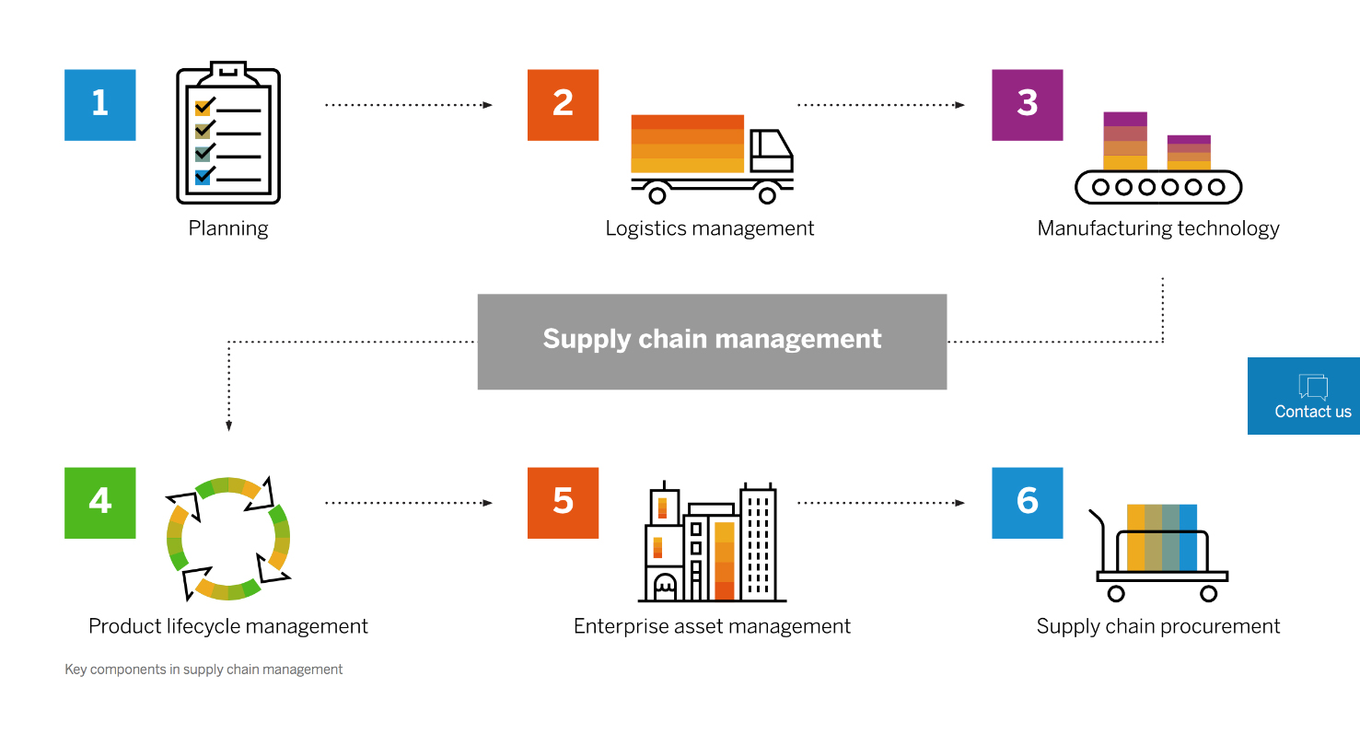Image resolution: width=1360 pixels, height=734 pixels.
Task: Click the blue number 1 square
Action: [100, 105]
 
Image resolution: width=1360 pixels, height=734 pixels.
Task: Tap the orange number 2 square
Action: [563, 105]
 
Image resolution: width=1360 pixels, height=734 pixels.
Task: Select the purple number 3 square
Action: [1028, 105]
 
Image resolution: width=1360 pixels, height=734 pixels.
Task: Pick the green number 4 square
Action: [100, 503]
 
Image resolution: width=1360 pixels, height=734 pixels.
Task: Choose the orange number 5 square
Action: [563, 503]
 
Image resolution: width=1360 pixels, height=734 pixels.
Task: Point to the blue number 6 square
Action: [1028, 503]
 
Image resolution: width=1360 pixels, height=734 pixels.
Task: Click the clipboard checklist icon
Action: [228, 133]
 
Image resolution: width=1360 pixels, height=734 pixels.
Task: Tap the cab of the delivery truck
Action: [771, 150]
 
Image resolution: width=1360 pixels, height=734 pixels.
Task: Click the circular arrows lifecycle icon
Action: [228, 539]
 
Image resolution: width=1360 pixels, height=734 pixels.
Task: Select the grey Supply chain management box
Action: [712, 342]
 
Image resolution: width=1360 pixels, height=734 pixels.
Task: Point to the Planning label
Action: [228, 229]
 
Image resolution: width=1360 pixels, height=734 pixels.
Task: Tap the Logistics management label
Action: [710, 229]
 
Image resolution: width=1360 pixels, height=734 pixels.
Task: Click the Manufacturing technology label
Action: [1158, 229]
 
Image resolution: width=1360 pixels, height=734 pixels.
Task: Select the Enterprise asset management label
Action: [712, 626]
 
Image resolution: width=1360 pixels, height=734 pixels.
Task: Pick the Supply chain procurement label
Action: [1158, 626]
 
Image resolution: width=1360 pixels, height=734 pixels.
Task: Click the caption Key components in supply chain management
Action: [203, 670]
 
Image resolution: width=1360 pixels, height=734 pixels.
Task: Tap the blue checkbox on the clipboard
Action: [203, 177]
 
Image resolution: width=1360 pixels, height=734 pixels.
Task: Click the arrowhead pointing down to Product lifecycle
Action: [229, 425]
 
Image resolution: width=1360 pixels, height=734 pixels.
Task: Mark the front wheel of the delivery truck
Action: [767, 195]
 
